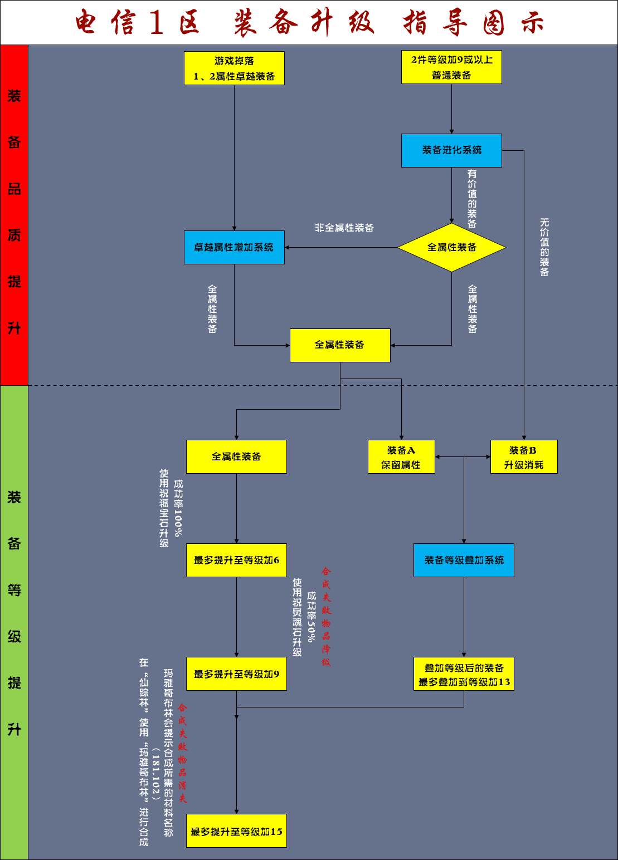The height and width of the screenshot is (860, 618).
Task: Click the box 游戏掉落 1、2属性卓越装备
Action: tap(234, 68)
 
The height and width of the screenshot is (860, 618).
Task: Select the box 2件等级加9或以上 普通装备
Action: tap(451, 67)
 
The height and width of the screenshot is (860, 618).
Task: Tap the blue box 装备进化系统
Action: tap(451, 150)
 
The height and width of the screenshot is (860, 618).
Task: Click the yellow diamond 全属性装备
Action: tap(451, 248)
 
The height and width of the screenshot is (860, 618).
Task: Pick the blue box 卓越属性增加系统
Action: tap(234, 248)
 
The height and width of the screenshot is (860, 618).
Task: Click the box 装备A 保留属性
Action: tap(401, 457)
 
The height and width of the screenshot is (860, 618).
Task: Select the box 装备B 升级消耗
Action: tap(524, 457)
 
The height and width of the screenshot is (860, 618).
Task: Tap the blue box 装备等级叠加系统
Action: tap(464, 560)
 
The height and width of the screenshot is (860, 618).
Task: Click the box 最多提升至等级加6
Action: tap(236, 560)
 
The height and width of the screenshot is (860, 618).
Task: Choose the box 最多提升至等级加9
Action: tap(236, 674)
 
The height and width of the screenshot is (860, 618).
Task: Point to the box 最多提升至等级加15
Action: tap(236, 831)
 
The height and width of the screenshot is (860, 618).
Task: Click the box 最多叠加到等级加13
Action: tap(464, 674)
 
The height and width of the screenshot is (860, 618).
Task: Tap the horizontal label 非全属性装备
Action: tap(344, 228)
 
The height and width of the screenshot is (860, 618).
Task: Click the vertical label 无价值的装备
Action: tap(544, 247)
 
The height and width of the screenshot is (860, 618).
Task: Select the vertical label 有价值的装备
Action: tap(472, 199)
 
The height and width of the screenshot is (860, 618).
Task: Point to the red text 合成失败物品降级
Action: tap(326, 616)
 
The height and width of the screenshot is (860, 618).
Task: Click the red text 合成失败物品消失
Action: tap(183, 753)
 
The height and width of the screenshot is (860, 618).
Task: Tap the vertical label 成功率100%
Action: tap(178, 508)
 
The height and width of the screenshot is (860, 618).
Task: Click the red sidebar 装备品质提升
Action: tap(14, 214)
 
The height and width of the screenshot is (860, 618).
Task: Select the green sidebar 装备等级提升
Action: tap(14, 612)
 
